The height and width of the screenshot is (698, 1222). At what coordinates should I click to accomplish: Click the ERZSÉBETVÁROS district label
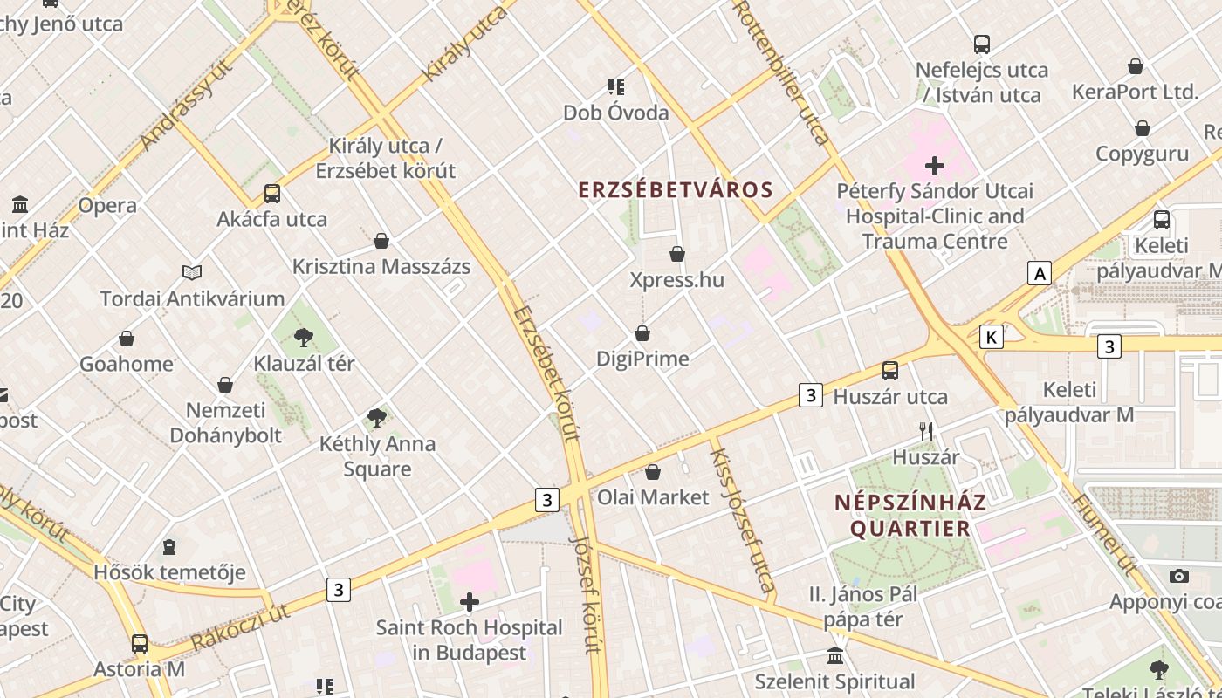pos(676,190)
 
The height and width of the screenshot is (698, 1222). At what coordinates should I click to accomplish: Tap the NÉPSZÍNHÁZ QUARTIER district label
pos(910,515)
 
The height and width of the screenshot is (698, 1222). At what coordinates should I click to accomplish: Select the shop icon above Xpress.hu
pos(677,254)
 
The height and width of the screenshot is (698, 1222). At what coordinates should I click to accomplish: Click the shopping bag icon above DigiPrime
pos(642,333)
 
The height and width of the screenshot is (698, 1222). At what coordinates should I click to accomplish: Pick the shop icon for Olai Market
pos(653,472)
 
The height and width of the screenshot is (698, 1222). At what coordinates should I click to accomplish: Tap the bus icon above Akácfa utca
pos(272,194)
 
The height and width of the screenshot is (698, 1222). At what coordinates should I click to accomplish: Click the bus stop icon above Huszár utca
pos(890,371)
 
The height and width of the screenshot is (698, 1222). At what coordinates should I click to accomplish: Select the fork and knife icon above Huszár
pos(926,431)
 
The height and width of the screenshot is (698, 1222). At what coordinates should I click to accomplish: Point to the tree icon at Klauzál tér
pos(304,337)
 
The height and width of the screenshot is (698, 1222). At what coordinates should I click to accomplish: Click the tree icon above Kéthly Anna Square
pos(377,418)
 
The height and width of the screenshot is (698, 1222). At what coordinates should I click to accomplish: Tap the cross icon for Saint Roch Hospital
pos(470,602)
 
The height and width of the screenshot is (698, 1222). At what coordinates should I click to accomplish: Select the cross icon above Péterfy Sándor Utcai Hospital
pos(935,165)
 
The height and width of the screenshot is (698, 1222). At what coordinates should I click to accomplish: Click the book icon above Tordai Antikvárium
pos(192,273)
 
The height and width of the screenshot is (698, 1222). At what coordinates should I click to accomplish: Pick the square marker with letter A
pos(1039,274)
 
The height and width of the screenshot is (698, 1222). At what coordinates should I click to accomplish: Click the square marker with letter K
pos(992,337)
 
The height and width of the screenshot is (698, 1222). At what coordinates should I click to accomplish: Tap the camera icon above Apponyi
pos(1179,576)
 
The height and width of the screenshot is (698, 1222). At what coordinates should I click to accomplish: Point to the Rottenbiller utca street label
pos(782,72)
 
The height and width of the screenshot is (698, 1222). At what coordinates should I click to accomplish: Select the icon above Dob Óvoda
pos(616,87)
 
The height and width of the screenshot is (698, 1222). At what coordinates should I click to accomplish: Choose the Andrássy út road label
pos(186,106)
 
